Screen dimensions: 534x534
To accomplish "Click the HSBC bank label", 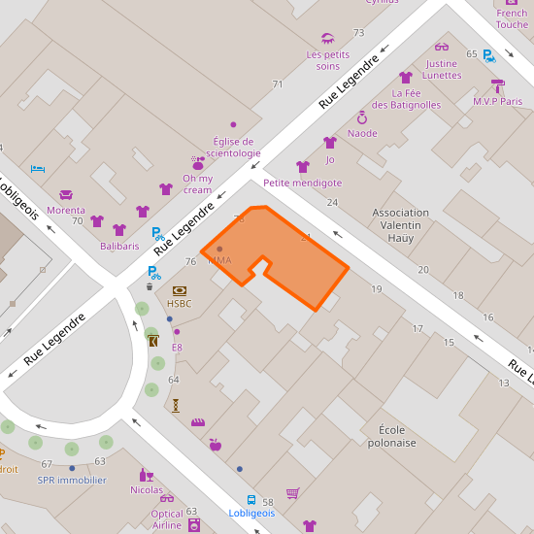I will coord(179,304).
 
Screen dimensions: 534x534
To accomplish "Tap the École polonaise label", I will coord(391,436).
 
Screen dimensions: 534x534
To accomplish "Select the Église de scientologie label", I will coord(233,147).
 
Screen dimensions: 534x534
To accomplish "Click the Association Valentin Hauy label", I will coord(401,225).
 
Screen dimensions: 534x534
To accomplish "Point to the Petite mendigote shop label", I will coord(302,183).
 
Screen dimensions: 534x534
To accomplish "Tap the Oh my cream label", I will coord(197,184).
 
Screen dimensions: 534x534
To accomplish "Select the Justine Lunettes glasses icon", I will coord(442,47).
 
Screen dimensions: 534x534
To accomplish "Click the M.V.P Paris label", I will coord(497,101).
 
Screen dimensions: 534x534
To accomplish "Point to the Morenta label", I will coord(66,210).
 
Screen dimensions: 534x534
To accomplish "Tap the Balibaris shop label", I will coord(119,246).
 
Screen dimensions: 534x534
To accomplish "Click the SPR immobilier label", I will coord(72,480).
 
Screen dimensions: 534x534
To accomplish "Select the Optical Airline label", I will coord(167,519).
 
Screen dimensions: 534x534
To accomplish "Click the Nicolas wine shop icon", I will coord(147,475).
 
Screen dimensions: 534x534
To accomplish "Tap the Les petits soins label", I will coord(327,60).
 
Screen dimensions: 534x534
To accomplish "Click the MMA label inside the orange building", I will coord(219,260).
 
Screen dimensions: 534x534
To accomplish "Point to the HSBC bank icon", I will coord(179,290).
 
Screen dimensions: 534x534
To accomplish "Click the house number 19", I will coord(377,289).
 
